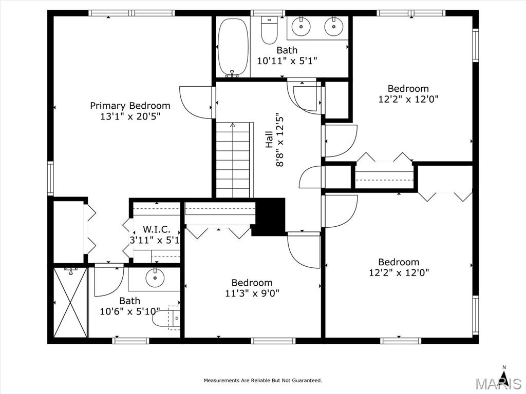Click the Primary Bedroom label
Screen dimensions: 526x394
(x=130, y=106)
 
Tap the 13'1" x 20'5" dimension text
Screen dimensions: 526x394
(x=130, y=116)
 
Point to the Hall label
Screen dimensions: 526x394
(x=269, y=140)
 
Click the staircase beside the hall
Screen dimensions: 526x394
(x=233, y=160)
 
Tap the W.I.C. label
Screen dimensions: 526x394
(x=157, y=230)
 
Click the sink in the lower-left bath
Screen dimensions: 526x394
(x=155, y=278)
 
